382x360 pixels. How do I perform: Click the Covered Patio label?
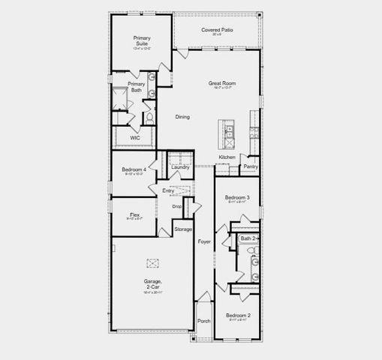coord(217,30)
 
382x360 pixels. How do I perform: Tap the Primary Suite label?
coord(142,40)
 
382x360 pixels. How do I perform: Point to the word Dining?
coord(182,117)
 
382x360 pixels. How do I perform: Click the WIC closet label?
coord(135,138)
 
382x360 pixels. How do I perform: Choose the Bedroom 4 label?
coord(134,169)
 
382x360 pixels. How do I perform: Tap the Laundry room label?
coord(180,166)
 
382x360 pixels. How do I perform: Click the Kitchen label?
coord(227,157)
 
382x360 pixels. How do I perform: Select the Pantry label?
coord(251,166)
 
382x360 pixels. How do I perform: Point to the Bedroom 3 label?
coord(237,197)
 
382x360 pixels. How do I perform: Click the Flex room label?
coord(134,214)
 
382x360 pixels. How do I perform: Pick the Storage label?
coord(183,229)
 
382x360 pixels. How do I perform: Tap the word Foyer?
coord(204,241)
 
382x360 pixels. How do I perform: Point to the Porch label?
coord(204,321)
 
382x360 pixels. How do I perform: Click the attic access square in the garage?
coord(153,262)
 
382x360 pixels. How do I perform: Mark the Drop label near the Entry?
coord(177,206)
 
